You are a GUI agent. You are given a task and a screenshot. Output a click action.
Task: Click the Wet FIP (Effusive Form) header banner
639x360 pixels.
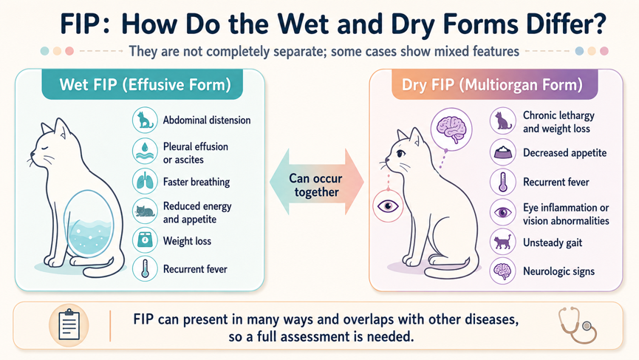[143, 84]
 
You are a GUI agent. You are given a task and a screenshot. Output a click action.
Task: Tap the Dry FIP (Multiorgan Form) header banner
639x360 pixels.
[494, 84]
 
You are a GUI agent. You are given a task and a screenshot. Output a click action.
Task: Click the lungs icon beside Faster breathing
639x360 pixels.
[145, 181]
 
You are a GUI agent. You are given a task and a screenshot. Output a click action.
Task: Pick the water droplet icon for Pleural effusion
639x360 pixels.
[145, 152]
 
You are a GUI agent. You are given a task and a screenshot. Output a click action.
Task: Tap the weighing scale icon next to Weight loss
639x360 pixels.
[145, 240]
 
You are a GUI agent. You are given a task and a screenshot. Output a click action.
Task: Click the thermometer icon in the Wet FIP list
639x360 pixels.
[145, 268]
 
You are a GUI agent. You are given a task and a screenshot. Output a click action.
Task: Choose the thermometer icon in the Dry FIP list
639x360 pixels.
[503, 182]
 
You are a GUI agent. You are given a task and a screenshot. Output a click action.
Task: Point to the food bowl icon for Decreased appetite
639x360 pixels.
[503, 152]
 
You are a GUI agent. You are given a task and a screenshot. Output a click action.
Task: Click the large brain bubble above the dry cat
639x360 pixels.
[451, 129]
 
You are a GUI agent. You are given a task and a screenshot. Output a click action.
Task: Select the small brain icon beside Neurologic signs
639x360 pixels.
[503, 271]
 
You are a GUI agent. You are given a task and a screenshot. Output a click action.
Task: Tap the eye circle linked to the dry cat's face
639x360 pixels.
[388, 206]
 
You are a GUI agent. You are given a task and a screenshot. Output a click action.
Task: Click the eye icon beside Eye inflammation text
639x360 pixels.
[503, 212]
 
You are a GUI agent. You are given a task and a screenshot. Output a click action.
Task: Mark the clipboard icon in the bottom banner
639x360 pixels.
[69, 325]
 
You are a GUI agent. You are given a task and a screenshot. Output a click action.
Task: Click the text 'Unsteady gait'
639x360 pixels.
[553, 243]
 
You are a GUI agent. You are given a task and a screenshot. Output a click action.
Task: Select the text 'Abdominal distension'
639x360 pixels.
[207, 120]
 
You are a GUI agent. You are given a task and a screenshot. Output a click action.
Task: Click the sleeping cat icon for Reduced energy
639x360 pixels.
[145, 211]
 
